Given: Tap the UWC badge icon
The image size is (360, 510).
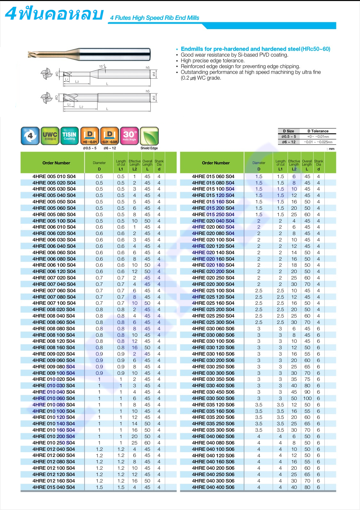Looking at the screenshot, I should tap(50, 136).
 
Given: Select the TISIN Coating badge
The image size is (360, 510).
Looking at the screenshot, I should tap(69, 136).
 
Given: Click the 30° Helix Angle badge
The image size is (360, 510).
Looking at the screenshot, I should tap(129, 136).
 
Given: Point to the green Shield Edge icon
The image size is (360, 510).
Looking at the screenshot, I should tap(149, 136).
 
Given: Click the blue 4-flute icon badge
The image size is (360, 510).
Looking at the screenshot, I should tap(30, 136).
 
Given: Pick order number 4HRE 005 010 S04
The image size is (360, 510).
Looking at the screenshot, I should tap(54, 177).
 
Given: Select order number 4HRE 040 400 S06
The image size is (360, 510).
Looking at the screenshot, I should tap(213, 487).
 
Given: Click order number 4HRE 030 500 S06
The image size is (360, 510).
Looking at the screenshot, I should tap(213, 398).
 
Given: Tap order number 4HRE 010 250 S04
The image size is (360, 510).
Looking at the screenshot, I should tap(54, 443).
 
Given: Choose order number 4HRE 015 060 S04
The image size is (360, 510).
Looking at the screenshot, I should tap(213, 177).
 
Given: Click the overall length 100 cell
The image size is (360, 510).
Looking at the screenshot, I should tap(307, 398).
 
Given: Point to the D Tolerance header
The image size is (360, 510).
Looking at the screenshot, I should tap(318, 131).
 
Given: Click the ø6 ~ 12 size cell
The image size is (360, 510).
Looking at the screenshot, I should tap(289, 142).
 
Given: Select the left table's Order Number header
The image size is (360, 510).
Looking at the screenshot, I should tap(56, 163).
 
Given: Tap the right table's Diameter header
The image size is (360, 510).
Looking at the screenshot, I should tap(259, 163).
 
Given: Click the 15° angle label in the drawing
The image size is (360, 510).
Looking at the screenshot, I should tap(101, 67).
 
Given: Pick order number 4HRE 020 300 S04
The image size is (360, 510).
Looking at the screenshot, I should tap(213, 284).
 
